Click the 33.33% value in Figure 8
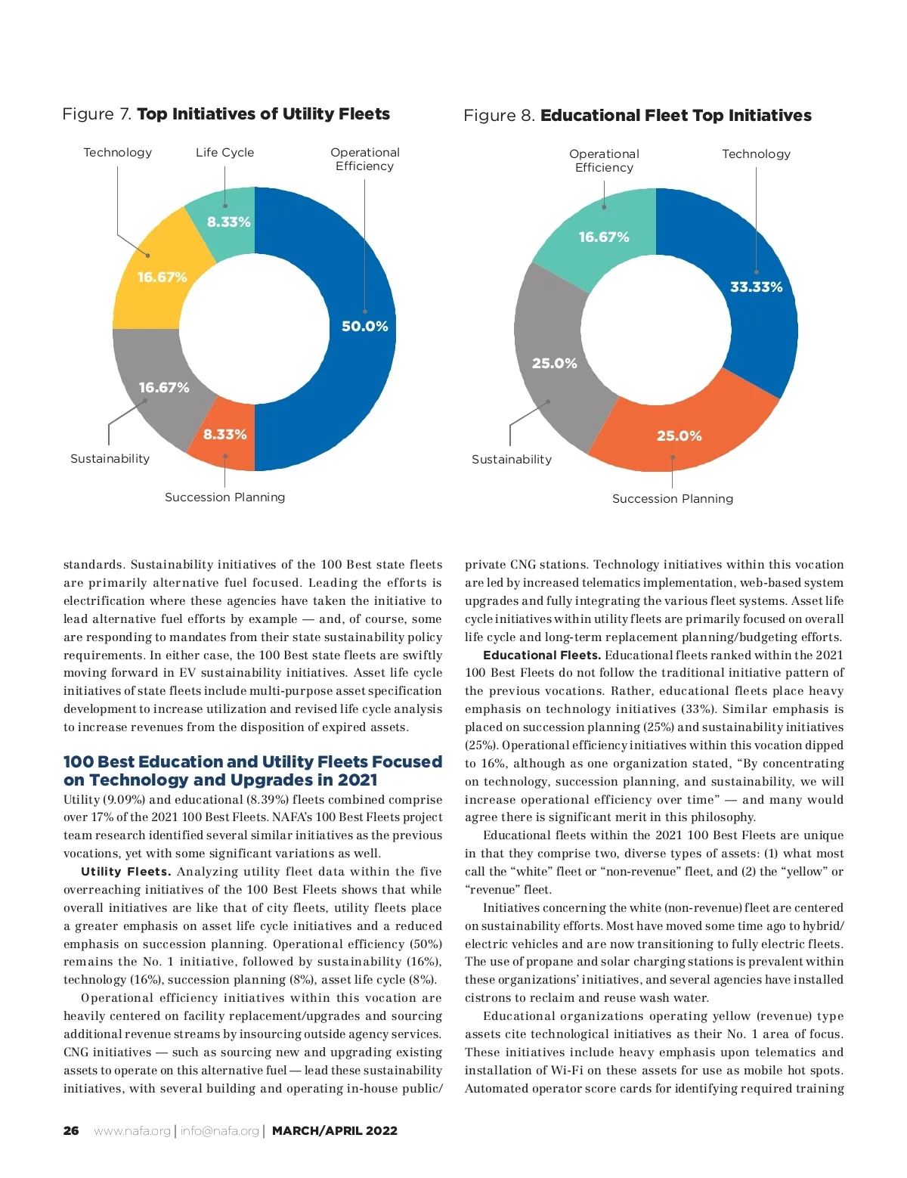(x=756, y=287)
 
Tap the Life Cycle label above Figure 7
(x=224, y=153)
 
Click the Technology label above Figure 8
(x=756, y=154)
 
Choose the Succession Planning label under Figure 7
(x=224, y=498)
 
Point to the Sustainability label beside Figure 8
(x=511, y=460)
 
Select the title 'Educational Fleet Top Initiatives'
(x=676, y=116)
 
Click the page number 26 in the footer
(x=71, y=1131)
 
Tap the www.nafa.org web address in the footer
(x=132, y=1131)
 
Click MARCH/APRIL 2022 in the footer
(x=334, y=1131)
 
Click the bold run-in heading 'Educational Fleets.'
(x=541, y=656)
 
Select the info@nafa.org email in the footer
(x=219, y=1131)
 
